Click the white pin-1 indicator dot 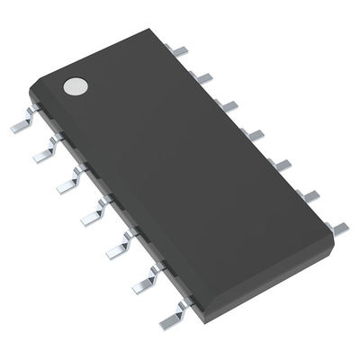[x=75, y=86]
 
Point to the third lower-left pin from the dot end [x=66, y=184]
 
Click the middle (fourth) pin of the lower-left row [x=91, y=213]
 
